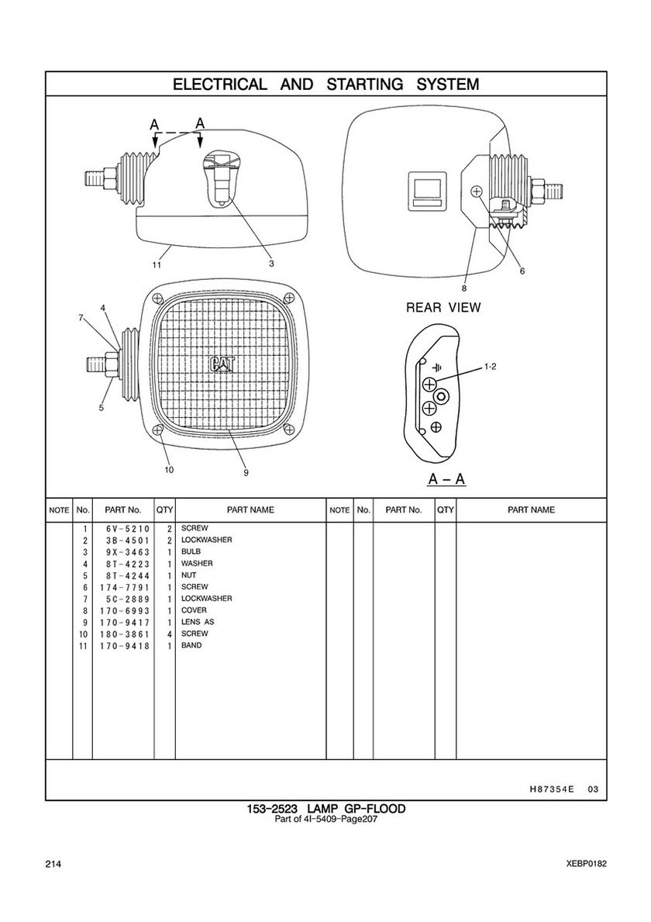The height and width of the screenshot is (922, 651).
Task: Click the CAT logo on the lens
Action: point(220,364)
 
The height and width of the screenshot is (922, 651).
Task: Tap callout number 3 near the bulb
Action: point(272,264)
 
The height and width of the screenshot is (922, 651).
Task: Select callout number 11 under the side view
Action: point(157,264)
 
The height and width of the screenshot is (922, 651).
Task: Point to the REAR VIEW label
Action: point(443,308)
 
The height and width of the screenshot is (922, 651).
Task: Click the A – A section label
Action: point(447,479)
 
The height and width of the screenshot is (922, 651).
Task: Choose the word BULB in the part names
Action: point(191,551)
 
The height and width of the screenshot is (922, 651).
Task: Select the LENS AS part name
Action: point(198,622)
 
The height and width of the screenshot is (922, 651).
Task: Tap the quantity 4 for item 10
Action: point(168,634)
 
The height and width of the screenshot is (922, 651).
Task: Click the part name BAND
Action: point(191,646)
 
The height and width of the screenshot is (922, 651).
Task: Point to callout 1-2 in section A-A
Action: point(490,365)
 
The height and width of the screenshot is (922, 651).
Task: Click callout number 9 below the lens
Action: point(245,472)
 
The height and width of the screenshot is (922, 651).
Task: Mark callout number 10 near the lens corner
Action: point(169,469)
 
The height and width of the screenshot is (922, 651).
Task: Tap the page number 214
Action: point(53,865)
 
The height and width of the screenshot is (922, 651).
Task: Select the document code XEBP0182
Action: point(587,865)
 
